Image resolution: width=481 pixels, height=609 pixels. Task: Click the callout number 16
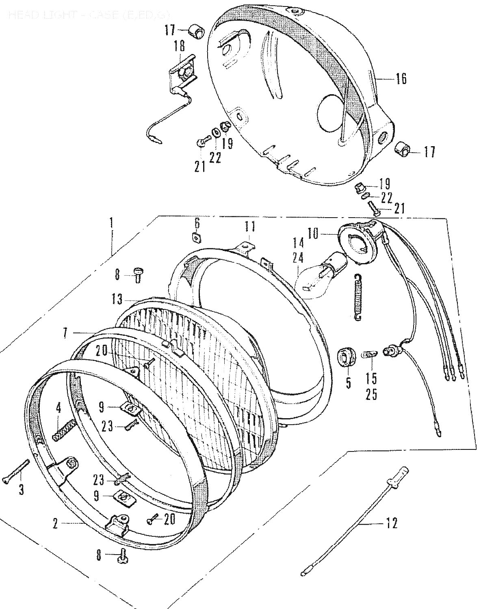(401, 79)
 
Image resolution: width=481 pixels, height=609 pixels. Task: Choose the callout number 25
(371, 394)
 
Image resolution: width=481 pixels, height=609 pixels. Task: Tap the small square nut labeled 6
(197, 236)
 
